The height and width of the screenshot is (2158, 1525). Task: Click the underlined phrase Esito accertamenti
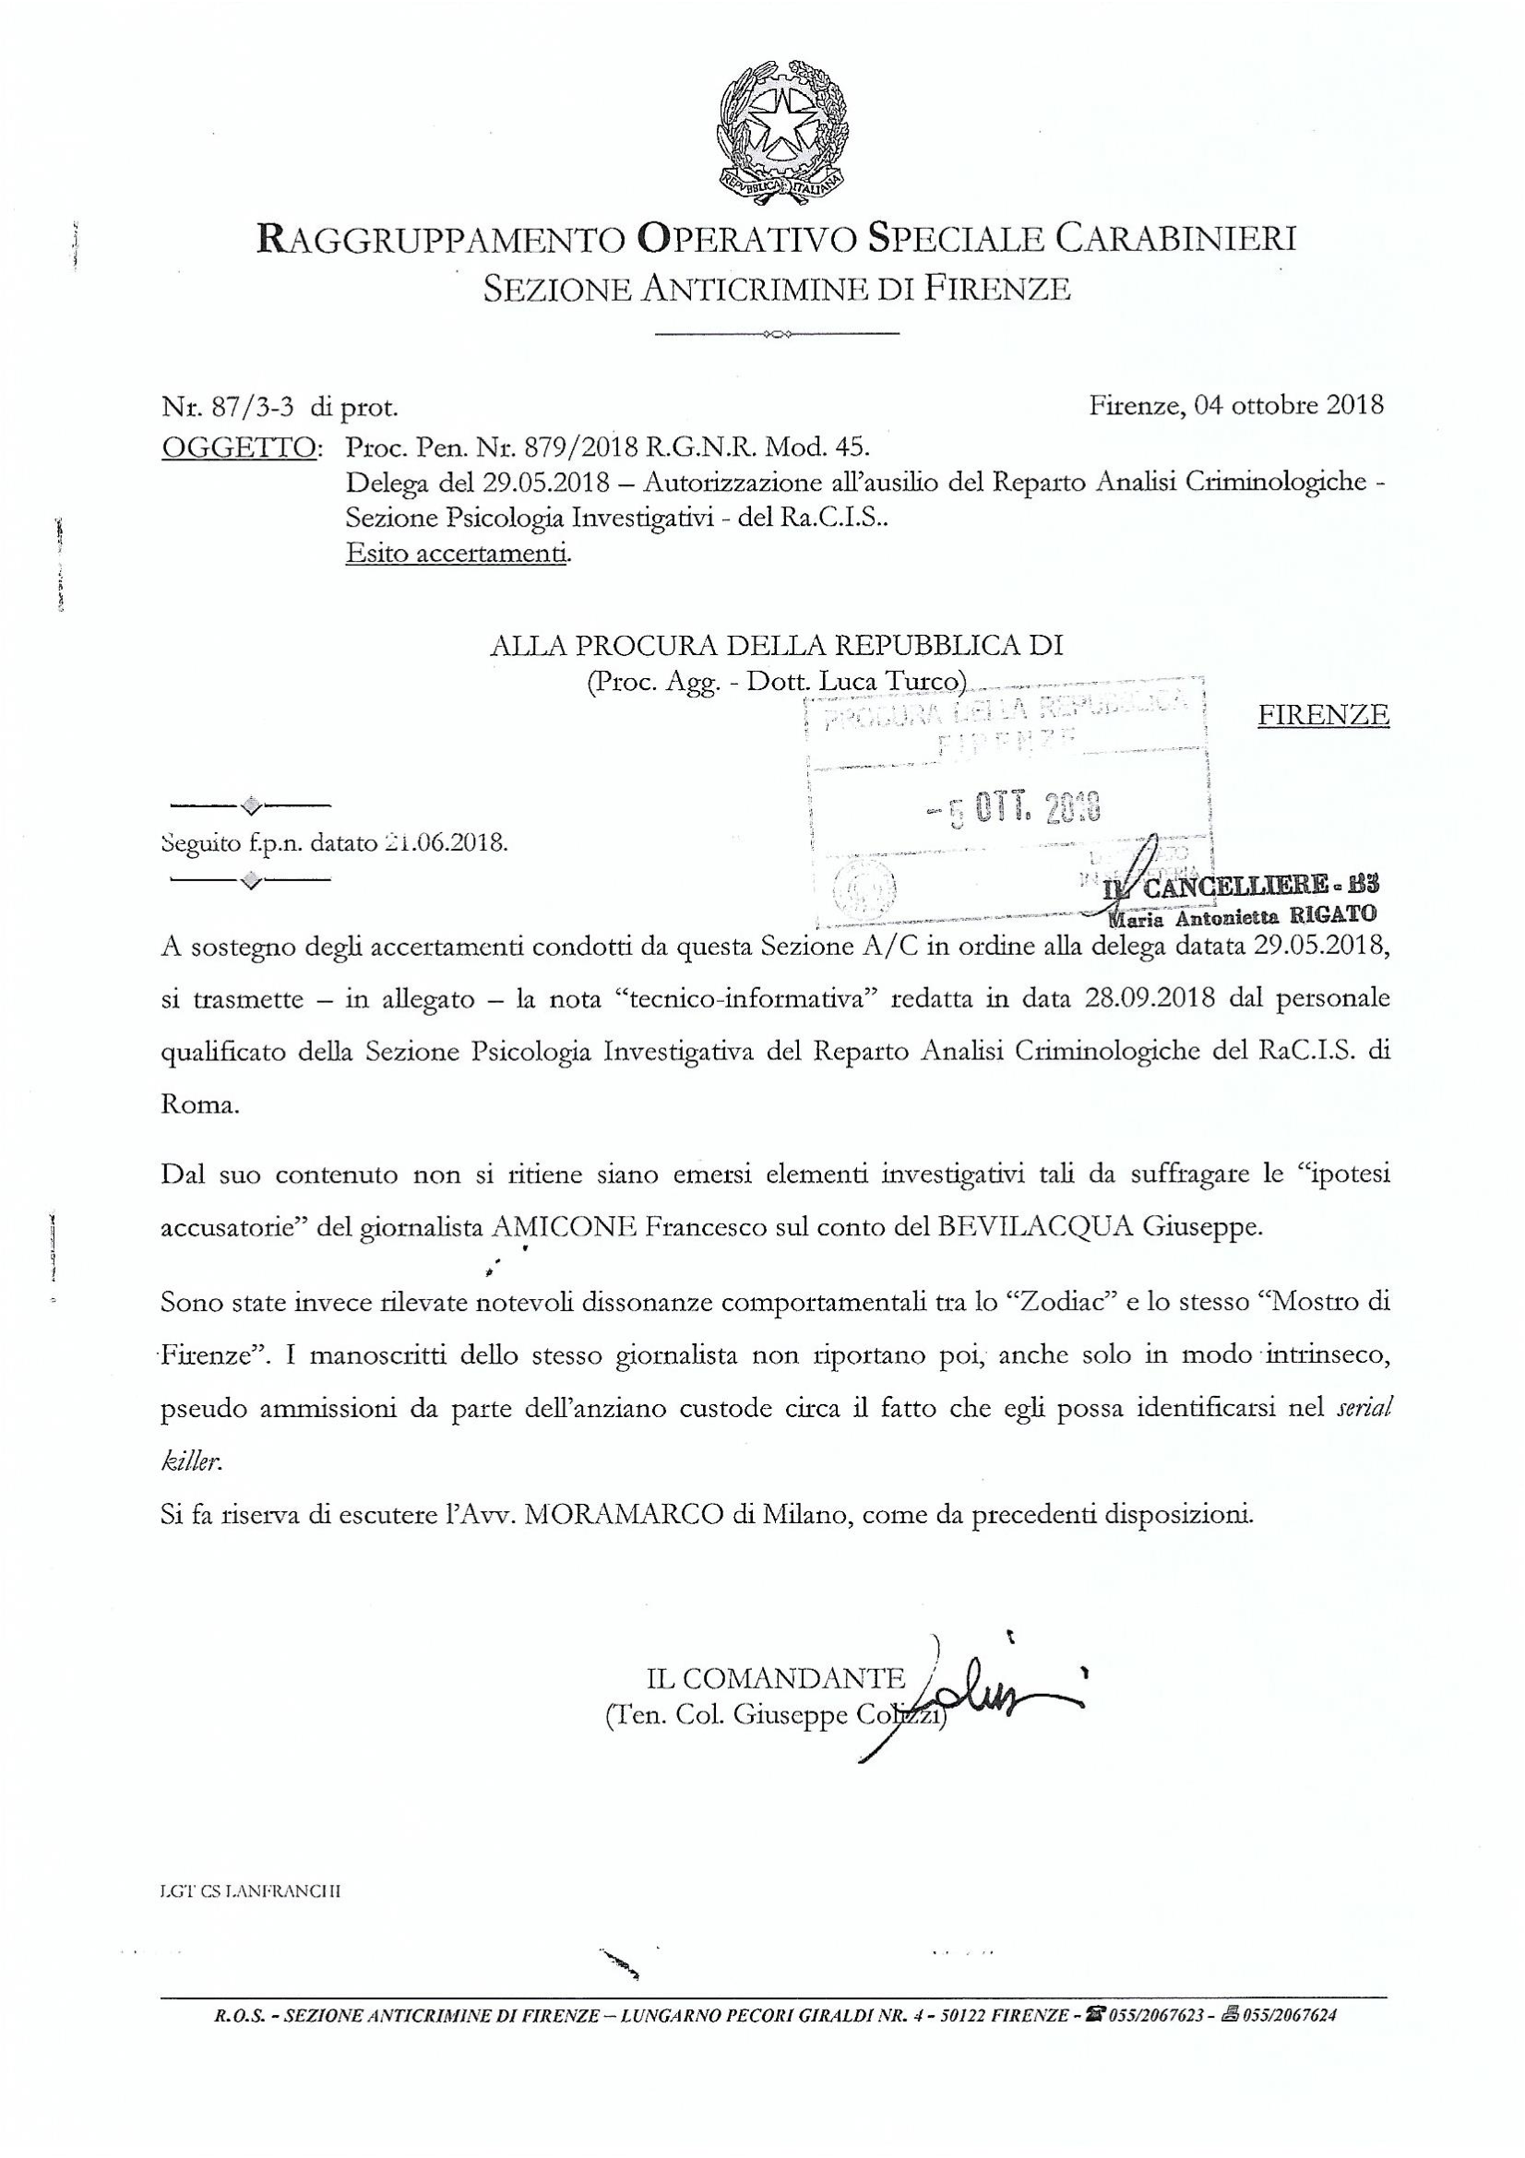point(458,554)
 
